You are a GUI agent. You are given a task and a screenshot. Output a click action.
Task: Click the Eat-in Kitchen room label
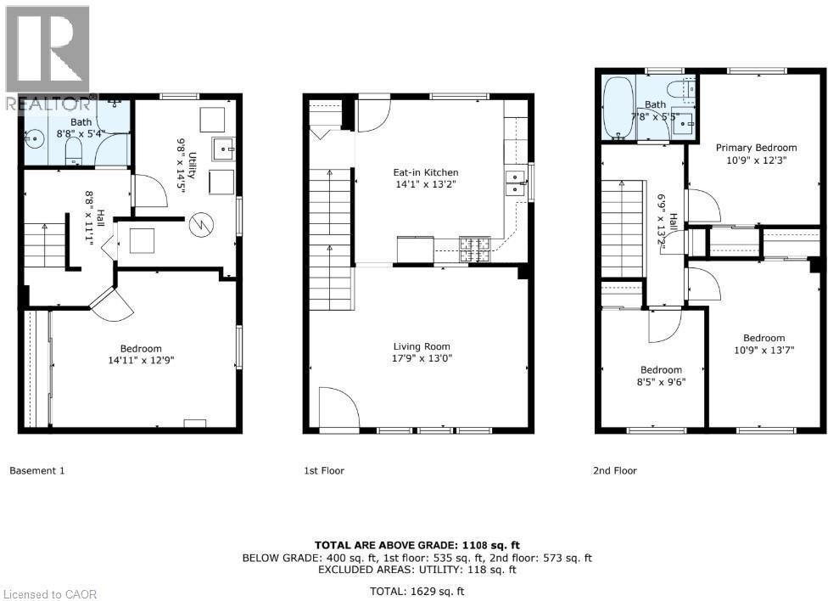426,172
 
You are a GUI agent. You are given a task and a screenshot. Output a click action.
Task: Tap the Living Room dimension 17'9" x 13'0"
422,358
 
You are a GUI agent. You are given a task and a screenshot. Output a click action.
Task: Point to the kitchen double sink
514,182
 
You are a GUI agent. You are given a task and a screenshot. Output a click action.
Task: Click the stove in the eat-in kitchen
474,248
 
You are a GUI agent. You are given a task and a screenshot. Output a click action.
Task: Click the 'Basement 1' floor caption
36,470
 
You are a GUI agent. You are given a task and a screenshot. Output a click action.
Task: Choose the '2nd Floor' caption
614,470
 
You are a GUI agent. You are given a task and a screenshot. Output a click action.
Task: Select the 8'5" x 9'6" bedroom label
661,375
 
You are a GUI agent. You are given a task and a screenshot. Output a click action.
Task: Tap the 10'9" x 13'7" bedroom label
764,344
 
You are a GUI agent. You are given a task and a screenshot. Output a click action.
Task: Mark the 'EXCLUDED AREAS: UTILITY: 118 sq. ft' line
419,570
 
